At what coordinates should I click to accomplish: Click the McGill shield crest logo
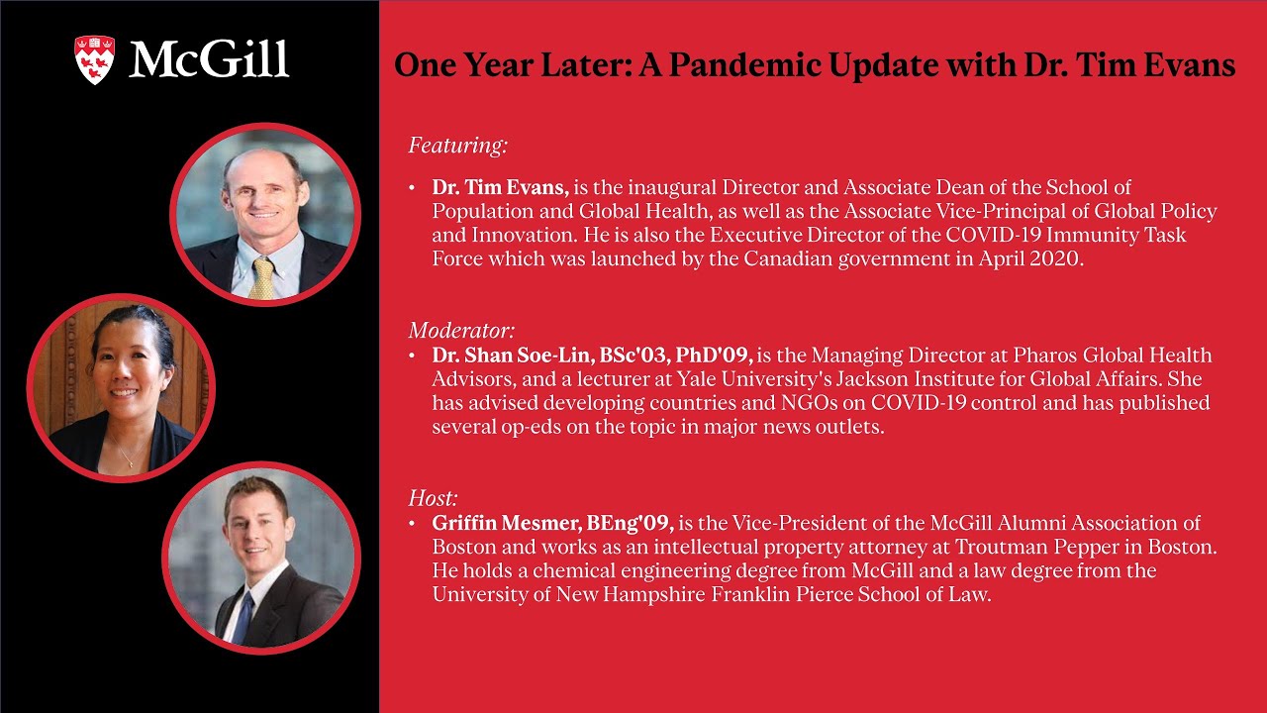(95, 59)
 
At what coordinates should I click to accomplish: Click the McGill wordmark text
(209, 60)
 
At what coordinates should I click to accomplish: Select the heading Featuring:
(457, 146)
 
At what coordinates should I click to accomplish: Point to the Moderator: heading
(461, 331)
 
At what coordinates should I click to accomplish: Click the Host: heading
(433, 498)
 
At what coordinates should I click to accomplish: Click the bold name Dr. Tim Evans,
(500, 187)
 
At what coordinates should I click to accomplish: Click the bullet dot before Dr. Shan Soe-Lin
(412, 355)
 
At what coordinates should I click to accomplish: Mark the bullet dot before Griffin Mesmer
(412, 523)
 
